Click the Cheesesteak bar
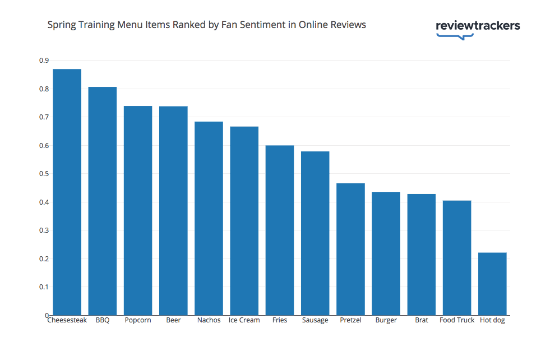pyautogui.click(x=67, y=192)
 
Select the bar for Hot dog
pyautogui.click(x=492, y=284)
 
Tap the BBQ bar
pyautogui.click(x=103, y=201)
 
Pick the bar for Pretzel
pyautogui.click(x=350, y=249)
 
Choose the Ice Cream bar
pyautogui.click(x=244, y=221)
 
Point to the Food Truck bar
pyautogui.click(x=457, y=258)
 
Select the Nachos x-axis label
pyautogui.click(x=209, y=320)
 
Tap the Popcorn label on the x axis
pyautogui.click(x=138, y=320)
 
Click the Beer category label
pyautogui.click(x=173, y=320)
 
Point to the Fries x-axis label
pyautogui.click(x=280, y=320)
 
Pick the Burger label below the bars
pyautogui.click(x=386, y=320)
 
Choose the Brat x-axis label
pyautogui.click(x=422, y=320)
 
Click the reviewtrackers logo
pyautogui.click(x=478, y=27)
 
